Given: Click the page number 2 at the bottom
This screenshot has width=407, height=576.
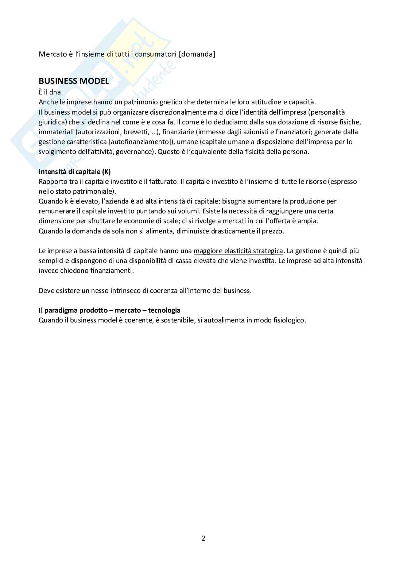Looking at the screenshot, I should tap(204, 538).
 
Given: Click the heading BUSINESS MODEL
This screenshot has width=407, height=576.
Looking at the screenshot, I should tap(74, 81).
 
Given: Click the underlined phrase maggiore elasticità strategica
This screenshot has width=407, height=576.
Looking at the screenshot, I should tap(238, 251).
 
